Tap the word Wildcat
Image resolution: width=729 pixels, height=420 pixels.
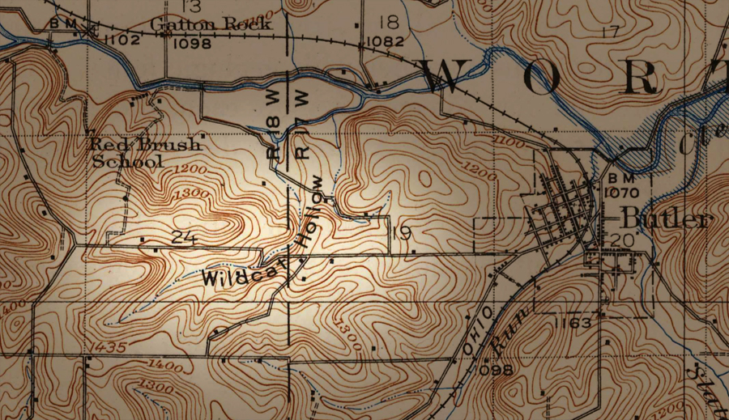[x=234, y=276]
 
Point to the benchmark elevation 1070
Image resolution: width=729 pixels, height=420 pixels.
[x=622, y=194]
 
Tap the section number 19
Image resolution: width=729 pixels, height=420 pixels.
[x=401, y=235]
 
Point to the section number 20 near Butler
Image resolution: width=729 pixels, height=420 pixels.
[x=623, y=240]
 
